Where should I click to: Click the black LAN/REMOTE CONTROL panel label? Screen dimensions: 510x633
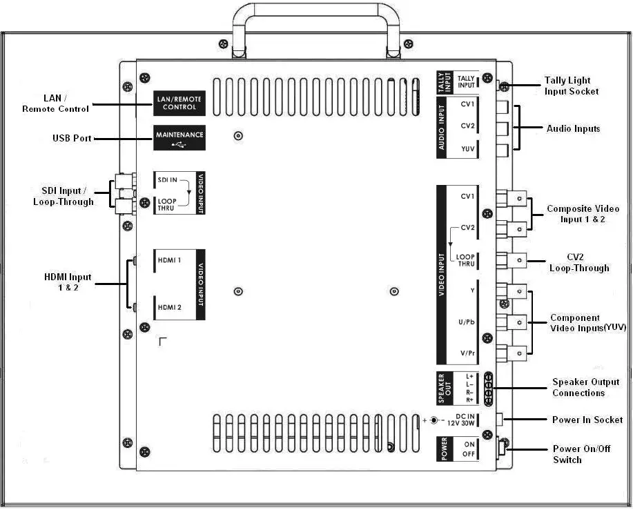[x=179, y=104]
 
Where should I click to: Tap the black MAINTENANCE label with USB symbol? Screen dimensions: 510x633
[x=179, y=138]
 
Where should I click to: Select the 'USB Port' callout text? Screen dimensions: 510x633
[x=72, y=139]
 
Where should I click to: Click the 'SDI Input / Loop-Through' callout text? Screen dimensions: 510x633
[x=63, y=196]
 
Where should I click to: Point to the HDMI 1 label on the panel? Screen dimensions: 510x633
[x=170, y=260]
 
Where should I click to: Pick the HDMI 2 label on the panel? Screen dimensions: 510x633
[x=170, y=307]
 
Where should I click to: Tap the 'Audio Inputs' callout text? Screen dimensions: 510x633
[x=573, y=128]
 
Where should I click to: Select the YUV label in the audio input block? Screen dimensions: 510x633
[x=467, y=149]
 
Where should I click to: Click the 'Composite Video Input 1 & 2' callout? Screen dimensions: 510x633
[x=576, y=214]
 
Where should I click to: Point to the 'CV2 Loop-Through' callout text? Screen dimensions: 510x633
[x=579, y=262]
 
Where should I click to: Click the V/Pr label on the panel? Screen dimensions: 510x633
[x=467, y=353]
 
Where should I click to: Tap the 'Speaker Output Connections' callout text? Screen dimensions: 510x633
[x=585, y=387]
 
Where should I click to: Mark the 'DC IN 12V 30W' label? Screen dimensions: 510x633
[x=461, y=419]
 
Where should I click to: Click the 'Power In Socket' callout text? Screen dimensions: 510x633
[x=587, y=420]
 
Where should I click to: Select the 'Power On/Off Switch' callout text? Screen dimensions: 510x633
[x=581, y=454]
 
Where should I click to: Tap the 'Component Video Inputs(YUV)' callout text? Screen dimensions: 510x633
[x=587, y=323]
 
